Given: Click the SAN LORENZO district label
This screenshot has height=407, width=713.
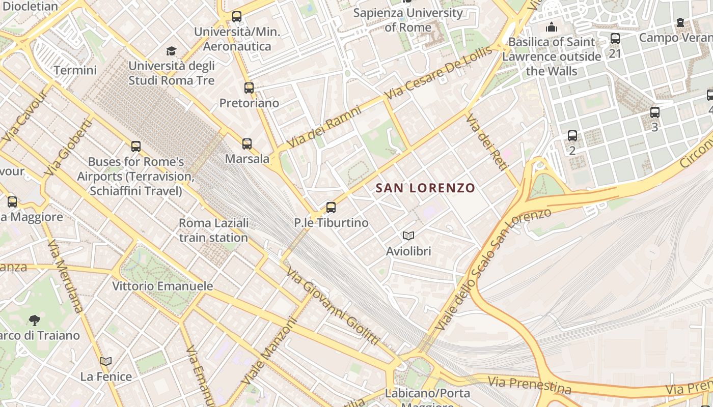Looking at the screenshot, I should point(425,188).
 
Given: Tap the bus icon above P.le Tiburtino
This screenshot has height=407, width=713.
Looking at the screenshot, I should point(331,208).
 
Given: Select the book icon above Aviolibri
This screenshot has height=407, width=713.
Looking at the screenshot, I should point(408,236).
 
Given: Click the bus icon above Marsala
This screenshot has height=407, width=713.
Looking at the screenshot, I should point(247,144).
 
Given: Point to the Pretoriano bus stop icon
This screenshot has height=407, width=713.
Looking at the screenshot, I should point(249,88).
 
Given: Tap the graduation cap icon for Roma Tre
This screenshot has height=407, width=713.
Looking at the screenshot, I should point(172,51).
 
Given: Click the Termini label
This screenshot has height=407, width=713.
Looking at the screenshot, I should point(75,70).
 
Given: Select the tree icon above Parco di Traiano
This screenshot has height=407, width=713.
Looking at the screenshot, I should point(35,320).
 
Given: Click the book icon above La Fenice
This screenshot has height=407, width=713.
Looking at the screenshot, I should point(106,362).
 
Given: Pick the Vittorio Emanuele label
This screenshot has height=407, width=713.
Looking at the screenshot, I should point(162,286).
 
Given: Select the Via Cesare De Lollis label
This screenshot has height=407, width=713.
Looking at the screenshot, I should point(439,72).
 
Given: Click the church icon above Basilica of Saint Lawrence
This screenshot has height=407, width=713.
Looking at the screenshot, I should point(552,27).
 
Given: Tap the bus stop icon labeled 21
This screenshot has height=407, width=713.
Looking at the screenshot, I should point(615,39).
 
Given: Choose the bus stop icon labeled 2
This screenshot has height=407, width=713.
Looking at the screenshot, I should point(572,136).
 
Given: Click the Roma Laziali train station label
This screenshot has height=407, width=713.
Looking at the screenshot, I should point(213,230).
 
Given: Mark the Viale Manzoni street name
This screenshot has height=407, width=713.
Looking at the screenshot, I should point(268,352).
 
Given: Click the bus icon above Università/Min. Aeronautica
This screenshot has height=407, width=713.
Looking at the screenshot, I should point(237,17).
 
